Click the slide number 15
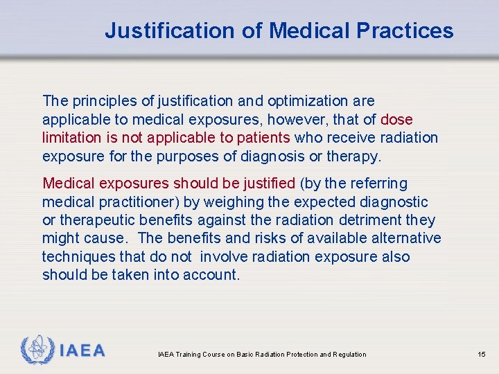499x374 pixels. pyautogui.click(x=482, y=355)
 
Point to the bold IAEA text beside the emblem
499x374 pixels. pyautogui.click(x=82, y=350)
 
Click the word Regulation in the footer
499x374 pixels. pyautogui.click(x=349, y=355)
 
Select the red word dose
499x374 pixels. pyautogui.click(x=397, y=119)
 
